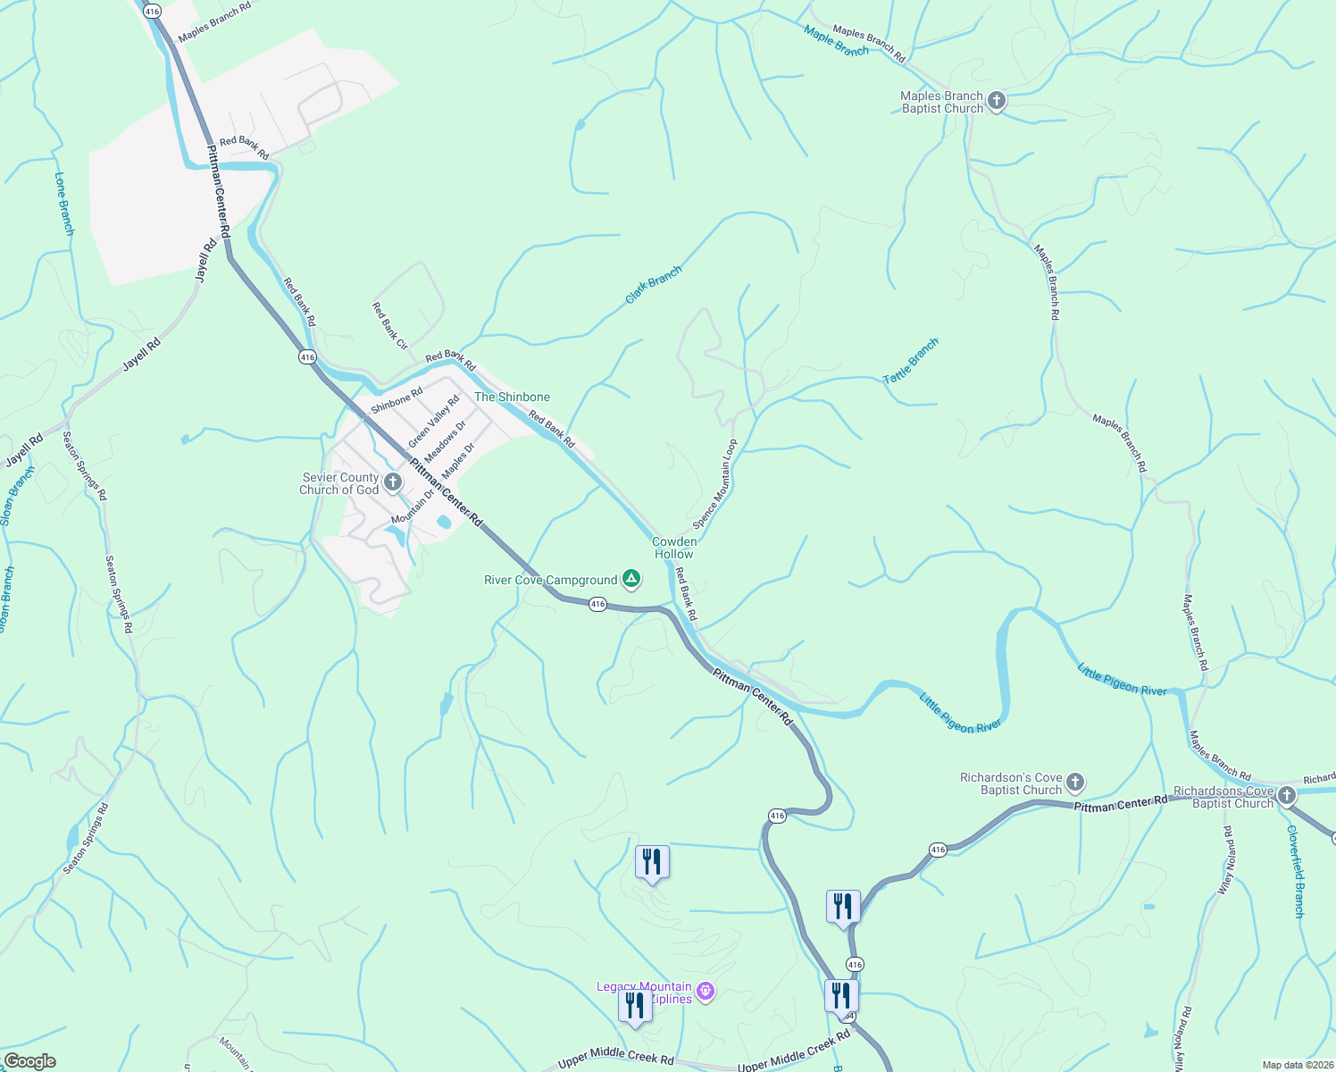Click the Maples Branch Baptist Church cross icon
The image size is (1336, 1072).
(997, 102)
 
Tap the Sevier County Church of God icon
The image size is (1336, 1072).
(393, 483)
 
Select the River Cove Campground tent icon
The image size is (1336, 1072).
(631, 580)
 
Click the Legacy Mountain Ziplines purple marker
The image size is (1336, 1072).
(706, 992)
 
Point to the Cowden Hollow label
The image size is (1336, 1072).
(673, 548)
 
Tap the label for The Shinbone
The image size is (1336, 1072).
(512, 397)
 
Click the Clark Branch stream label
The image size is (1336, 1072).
(653, 284)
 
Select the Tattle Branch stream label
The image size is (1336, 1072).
(911, 361)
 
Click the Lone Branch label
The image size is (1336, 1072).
(64, 204)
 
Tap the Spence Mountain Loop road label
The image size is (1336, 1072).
(715, 483)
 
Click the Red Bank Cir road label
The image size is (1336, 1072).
(389, 326)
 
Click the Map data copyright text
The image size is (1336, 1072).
(1297, 1065)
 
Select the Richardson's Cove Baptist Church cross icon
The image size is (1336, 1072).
(1075, 783)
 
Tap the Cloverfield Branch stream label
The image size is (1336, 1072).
(1296, 871)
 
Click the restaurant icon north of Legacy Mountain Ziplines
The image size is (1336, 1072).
(652, 863)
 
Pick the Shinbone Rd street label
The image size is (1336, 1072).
(397, 400)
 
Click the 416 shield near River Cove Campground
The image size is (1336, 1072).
(597, 605)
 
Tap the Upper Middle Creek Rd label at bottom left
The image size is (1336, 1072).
(615, 1059)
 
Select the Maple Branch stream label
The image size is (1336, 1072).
(836, 41)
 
